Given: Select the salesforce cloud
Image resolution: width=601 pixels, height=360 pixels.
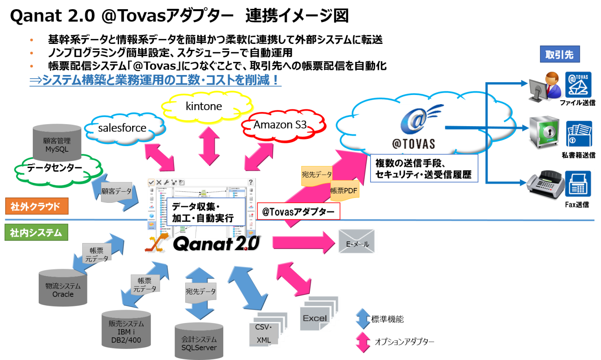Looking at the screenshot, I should click(123, 128).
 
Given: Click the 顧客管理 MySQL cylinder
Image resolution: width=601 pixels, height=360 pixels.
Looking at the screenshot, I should click(57, 143).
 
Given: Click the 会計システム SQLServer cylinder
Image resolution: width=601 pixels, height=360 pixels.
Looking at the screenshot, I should click(199, 342).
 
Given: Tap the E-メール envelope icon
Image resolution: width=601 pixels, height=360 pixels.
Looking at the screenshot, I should click(357, 241).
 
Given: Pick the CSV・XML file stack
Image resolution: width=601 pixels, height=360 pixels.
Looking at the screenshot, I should click(266, 331).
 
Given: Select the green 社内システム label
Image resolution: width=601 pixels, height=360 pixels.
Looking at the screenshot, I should click(36, 233).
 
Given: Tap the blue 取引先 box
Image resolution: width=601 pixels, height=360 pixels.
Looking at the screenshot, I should click(559, 54).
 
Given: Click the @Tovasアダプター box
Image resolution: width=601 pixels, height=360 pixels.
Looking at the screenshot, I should click(298, 212).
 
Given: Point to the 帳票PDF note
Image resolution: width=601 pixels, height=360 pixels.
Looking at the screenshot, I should click(344, 191).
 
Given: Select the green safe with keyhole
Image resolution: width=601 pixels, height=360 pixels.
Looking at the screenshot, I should click(543, 133).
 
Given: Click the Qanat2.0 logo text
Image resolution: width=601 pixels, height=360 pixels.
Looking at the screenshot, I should click(216, 243).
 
